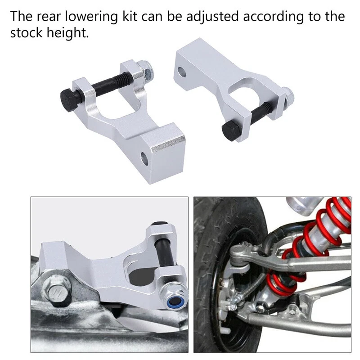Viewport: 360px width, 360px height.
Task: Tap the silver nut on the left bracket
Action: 146,68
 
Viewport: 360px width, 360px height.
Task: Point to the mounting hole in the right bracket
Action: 181,71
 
